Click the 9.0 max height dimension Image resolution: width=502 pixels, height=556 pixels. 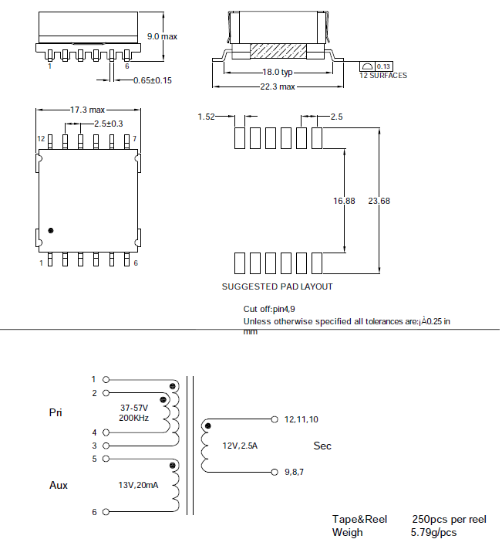pyautogui.click(x=162, y=36)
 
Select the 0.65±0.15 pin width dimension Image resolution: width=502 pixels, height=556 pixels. pyautogui.click(x=153, y=80)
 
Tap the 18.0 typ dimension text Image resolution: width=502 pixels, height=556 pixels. pyautogui.click(x=278, y=72)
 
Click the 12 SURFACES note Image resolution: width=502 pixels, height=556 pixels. pyautogui.click(x=382, y=76)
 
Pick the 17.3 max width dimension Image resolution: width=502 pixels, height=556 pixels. pyautogui.click(x=87, y=110)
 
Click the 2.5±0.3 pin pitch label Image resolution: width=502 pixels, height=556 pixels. pyautogui.click(x=108, y=124)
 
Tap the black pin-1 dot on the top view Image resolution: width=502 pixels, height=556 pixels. pyautogui.click(x=51, y=230)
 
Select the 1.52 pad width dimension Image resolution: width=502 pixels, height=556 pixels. pyautogui.click(x=206, y=117)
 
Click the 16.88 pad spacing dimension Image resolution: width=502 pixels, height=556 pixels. pyautogui.click(x=344, y=201)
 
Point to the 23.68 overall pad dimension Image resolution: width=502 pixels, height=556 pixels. pyautogui.click(x=379, y=201)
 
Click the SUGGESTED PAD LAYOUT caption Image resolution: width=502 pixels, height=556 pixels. pyautogui.click(x=277, y=286)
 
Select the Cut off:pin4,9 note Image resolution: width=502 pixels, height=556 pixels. pyautogui.click(x=268, y=309)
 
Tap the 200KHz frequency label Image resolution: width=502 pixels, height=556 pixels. pyautogui.click(x=133, y=418)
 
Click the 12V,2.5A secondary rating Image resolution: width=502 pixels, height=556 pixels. pyautogui.click(x=241, y=446)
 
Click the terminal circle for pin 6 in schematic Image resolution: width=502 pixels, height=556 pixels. pyautogui.click(x=106, y=512)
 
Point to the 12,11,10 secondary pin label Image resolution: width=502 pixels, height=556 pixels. pyautogui.click(x=302, y=419)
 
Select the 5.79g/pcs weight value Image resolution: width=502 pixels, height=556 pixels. pyautogui.click(x=433, y=533)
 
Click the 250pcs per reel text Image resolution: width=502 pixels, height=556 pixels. pyautogui.click(x=449, y=519)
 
